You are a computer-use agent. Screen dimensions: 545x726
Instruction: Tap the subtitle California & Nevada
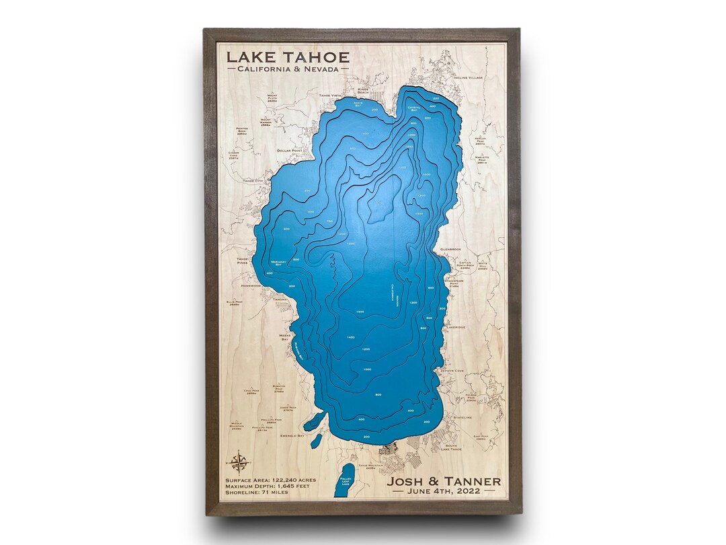288,69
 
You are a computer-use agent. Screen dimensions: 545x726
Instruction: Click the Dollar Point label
290,151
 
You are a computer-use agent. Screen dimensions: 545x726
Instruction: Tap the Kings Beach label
364,90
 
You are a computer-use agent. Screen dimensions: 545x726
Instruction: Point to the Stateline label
462,417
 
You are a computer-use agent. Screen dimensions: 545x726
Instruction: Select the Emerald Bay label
292,436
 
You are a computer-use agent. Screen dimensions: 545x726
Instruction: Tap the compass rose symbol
238,462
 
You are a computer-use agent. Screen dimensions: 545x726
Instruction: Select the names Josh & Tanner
444,481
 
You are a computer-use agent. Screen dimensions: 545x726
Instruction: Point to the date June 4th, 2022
444,492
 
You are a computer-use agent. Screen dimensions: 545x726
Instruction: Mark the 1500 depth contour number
360,312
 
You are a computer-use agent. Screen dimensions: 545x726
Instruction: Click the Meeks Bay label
285,337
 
